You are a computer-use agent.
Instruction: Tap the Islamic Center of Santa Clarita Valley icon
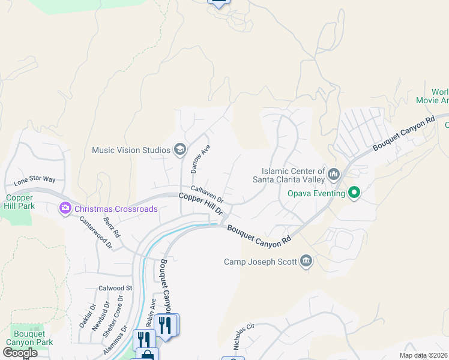click(334, 175)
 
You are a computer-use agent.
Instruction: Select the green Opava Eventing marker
click(354, 193)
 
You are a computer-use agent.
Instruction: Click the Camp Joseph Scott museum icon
click(306, 261)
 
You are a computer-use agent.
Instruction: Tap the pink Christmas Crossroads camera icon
click(64, 209)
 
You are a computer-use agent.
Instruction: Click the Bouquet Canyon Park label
click(29, 338)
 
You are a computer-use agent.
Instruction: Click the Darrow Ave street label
click(200, 159)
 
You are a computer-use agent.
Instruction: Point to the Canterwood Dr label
click(96, 232)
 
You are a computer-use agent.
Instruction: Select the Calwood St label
click(115, 289)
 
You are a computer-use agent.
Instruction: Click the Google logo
click(20, 352)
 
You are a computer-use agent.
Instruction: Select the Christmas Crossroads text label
click(116, 209)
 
